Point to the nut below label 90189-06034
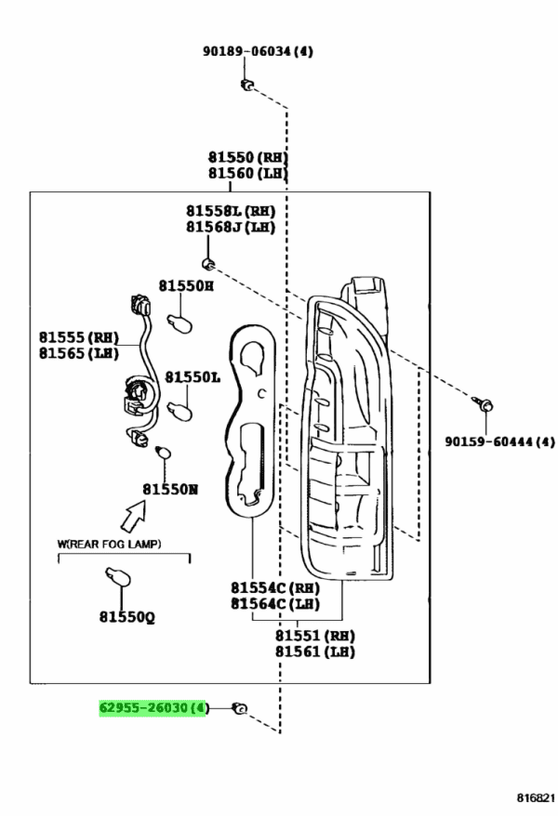pos(246,85)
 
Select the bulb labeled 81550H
pos(180,322)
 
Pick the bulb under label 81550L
pos(180,410)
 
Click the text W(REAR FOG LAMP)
pos(109,544)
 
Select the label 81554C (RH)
pos(275,587)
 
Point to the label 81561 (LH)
pos(315,651)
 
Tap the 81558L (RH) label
pos(231,211)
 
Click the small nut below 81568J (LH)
pos(208,263)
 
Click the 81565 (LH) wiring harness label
pos(79,353)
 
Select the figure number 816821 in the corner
pos(536,797)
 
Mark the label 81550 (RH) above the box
pos(247,157)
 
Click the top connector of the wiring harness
pos(141,306)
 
